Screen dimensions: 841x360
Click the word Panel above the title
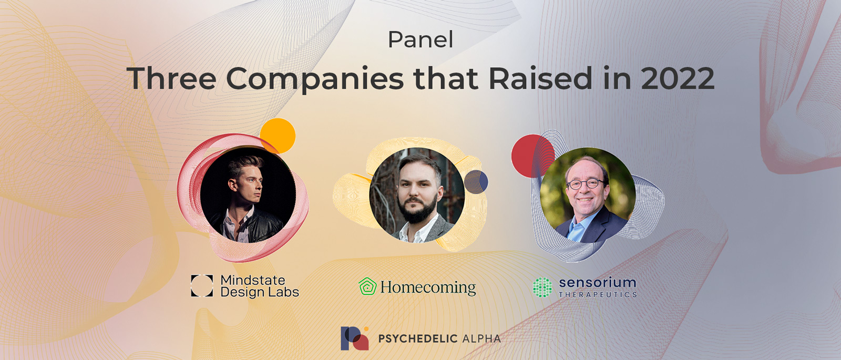pyautogui.click(x=420, y=39)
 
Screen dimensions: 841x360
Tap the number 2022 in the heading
pyautogui.click(x=678, y=78)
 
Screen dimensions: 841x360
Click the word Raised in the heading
pyautogui.click(x=540, y=78)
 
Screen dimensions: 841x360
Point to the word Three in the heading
pyautogui.click(x=171, y=78)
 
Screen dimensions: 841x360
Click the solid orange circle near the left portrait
pyautogui.click(x=278, y=136)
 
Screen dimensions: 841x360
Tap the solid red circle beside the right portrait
pyautogui.click(x=533, y=156)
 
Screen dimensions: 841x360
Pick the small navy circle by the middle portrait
pyautogui.click(x=476, y=182)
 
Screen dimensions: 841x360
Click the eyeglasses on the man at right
pyautogui.click(x=585, y=184)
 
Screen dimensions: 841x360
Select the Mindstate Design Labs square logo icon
pyautogui.click(x=202, y=286)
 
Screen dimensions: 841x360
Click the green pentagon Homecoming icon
pyautogui.click(x=367, y=286)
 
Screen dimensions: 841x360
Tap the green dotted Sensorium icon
pyautogui.click(x=542, y=287)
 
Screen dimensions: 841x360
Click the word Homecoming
pyautogui.click(x=428, y=287)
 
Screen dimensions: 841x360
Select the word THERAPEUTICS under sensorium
pyautogui.click(x=598, y=295)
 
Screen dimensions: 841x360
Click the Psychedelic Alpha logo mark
pyautogui.click(x=354, y=338)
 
